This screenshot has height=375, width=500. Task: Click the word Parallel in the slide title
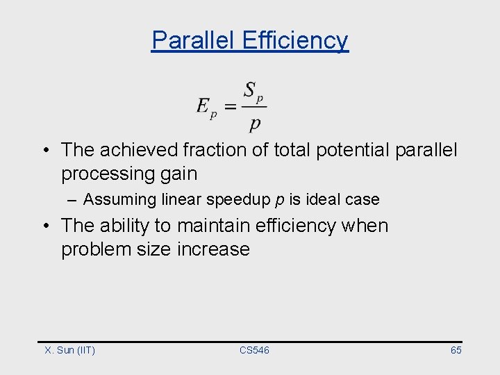[x=194, y=40]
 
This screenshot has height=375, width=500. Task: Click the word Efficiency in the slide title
[x=295, y=40]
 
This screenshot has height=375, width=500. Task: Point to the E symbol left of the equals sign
[x=204, y=106]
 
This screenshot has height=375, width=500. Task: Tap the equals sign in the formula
[x=231, y=107]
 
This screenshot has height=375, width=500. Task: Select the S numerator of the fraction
[x=250, y=90]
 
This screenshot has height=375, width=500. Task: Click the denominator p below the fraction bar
[x=255, y=124]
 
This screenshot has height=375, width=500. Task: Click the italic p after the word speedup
[x=280, y=200]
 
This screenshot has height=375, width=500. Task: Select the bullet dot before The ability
[x=44, y=226]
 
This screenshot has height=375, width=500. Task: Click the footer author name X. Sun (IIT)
[x=70, y=350]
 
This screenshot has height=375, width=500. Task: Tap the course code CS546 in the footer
[x=254, y=350]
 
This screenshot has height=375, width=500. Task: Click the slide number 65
[x=456, y=350]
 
